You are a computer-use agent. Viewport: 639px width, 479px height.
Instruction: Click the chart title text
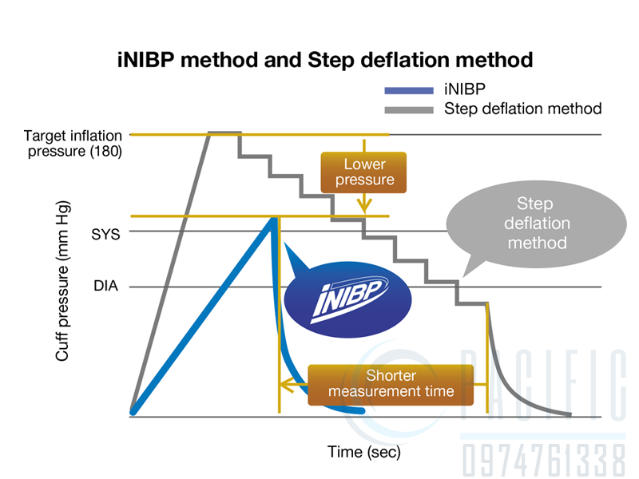320,59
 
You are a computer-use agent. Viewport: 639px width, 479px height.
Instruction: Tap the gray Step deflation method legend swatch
408,109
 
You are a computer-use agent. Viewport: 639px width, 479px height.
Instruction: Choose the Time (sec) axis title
364,452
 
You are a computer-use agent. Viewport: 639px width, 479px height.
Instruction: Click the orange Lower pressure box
364,172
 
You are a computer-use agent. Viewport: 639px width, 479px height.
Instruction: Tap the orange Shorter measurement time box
391,384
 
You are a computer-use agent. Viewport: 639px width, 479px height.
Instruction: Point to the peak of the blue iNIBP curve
275,218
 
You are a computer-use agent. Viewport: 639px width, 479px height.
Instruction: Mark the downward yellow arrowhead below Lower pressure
364,205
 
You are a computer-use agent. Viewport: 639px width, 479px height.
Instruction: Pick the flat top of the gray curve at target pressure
224,133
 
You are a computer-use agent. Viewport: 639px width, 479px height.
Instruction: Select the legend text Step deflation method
522,109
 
